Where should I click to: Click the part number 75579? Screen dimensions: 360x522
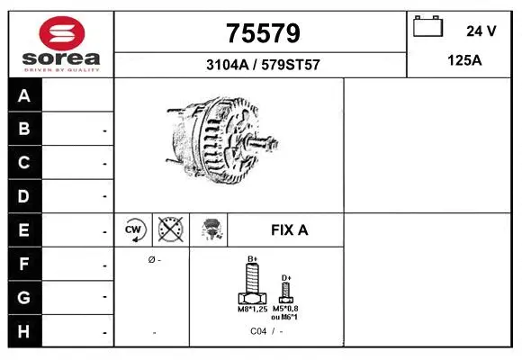pos(262,34)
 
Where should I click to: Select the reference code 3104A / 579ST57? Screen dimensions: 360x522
pos(262,66)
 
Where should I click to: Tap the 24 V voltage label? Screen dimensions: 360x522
pos(481,31)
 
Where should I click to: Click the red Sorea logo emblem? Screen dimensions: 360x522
pos(61,34)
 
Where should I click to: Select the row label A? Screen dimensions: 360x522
pos(25,95)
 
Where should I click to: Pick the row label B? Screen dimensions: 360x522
pos(25,129)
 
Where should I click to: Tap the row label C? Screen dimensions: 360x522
pos(25,163)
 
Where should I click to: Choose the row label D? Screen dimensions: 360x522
pos(25,196)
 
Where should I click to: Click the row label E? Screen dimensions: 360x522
pos(25,230)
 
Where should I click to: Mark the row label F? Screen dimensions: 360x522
pos(25,265)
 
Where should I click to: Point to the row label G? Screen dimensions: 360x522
pos(25,297)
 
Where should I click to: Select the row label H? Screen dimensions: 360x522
pos(25,330)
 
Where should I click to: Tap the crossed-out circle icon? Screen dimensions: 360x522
pos(169,230)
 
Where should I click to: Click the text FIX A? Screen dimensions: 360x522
pos(289,230)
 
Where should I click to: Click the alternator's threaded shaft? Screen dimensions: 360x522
pos(261,144)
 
